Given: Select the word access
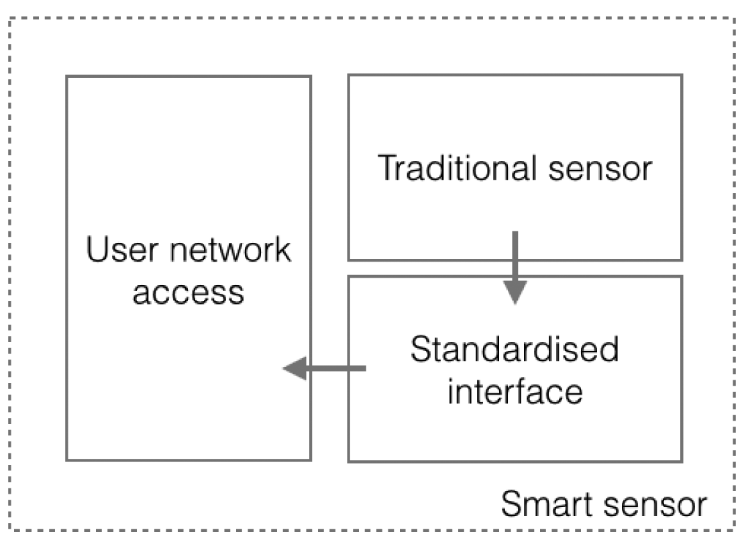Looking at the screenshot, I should (189, 292).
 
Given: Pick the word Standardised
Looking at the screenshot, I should (515, 351).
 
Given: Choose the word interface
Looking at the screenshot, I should (515, 391).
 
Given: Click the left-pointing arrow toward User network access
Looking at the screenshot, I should (325, 368).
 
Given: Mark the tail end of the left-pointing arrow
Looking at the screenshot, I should (364, 368).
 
